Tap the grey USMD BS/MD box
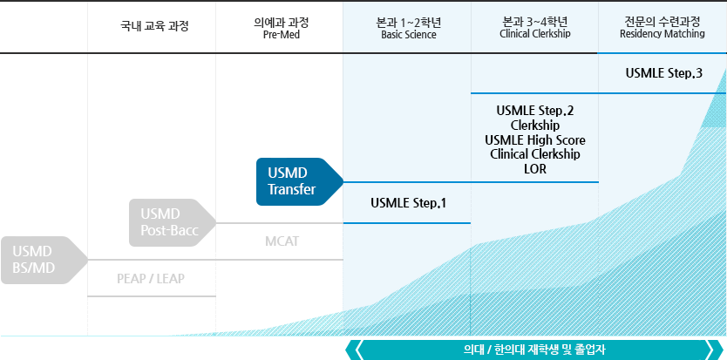pos(44,260)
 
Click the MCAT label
pos(282,241)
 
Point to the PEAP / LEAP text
pos(151,278)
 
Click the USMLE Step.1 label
pos(409,203)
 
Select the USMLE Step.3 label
pos(664,73)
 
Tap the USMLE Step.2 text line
pos(535,111)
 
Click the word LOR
pos(535,169)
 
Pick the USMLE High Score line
pos(535,140)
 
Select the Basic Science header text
pos(409,35)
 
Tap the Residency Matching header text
pos(662,34)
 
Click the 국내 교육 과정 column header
pos(154,26)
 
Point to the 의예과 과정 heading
pos(281,22)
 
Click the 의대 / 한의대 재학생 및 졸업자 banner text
pos(534,350)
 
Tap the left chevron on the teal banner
pos(358,350)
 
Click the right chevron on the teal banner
pos(711,350)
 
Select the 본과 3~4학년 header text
pos(535,22)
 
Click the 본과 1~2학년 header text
pos(409,22)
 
